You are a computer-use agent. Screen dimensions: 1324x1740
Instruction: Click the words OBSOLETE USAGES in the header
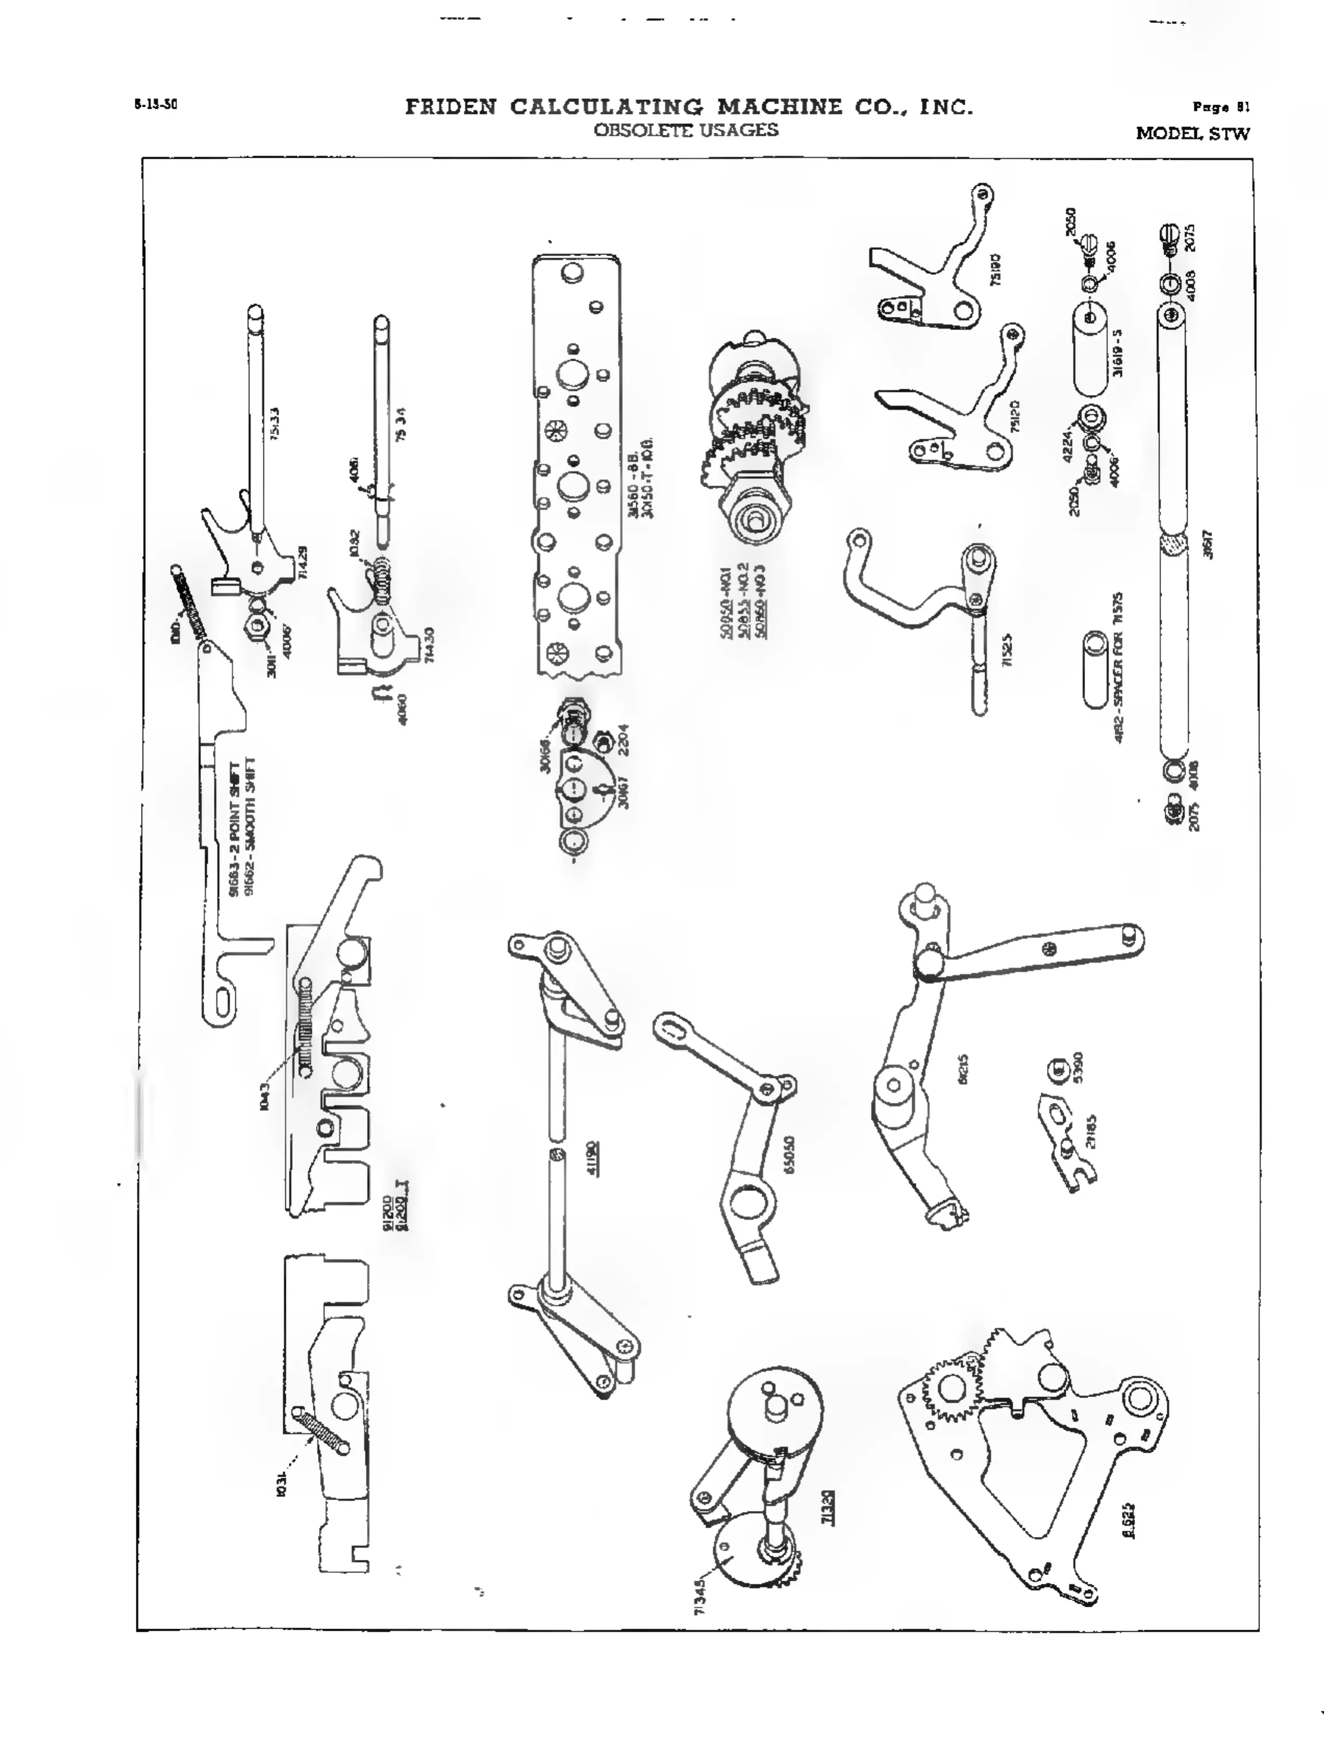tap(685, 130)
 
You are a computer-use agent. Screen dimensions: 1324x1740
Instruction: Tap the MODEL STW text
tap(1192, 134)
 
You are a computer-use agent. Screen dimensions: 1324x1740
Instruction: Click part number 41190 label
tap(593, 1158)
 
